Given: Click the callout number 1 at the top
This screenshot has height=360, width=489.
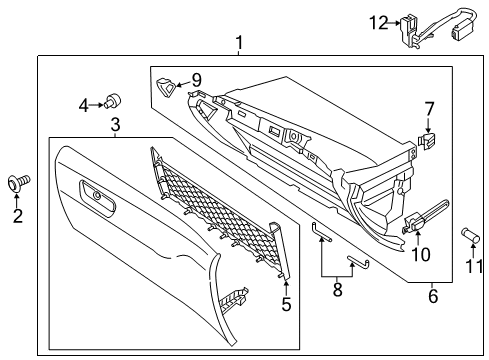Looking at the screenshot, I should coord(239,42).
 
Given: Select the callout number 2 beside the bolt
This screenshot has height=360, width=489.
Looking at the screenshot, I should coord(17,215).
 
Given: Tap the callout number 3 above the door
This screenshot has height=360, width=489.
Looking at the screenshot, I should coord(115,124).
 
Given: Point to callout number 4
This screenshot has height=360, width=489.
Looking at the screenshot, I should coord(84,102).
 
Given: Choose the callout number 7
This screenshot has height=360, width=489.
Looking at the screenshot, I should coord(429,108).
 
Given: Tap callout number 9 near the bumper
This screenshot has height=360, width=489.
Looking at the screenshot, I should coord(196,79).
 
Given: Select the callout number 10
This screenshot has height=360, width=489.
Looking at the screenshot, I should coord(421,254).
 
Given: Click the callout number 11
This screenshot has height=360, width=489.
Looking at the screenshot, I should coord(475,266).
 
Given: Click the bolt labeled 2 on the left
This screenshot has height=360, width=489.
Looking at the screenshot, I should coord(19,182).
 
